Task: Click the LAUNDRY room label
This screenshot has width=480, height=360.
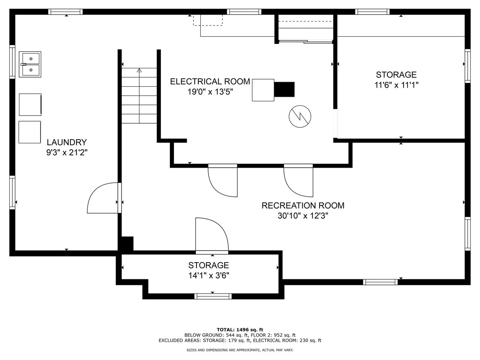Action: pyautogui.click(x=66, y=142)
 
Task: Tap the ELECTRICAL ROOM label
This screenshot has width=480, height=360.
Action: pyautogui.click(x=210, y=81)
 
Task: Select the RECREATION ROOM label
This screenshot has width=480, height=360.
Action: pyautogui.click(x=303, y=205)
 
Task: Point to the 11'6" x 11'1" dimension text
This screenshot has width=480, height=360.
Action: pyautogui.click(x=396, y=85)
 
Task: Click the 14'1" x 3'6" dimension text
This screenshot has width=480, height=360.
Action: pyautogui.click(x=208, y=276)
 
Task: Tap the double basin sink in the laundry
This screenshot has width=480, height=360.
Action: pyautogui.click(x=30, y=64)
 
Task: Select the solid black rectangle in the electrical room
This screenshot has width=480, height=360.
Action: pyautogui.click(x=284, y=89)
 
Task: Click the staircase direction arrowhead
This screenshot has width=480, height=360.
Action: pyautogui.click(x=139, y=70)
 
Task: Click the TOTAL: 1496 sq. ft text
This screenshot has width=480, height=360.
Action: pyautogui.click(x=240, y=330)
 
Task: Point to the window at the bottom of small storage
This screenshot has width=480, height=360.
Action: pyautogui.click(x=213, y=296)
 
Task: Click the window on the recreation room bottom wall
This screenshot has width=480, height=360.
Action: pyautogui.click(x=380, y=282)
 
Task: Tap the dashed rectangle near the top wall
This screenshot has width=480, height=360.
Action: pyautogui.click(x=208, y=20)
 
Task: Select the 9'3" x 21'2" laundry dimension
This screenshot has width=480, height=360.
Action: pyautogui.click(x=67, y=152)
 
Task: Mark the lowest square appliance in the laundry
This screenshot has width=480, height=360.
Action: pyautogui.click(x=30, y=132)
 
